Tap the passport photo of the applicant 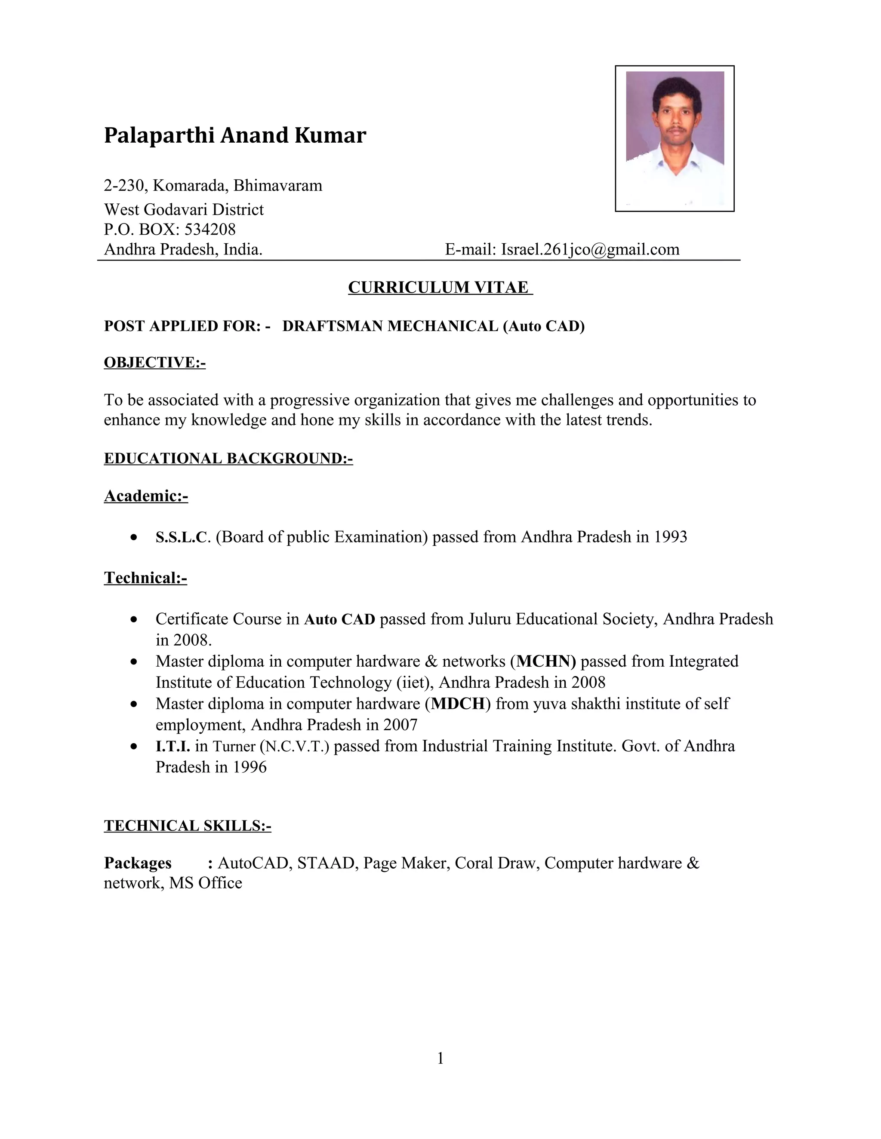tap(675, 139)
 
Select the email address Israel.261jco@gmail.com tap(590, 249)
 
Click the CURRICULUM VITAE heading tap(440, 288)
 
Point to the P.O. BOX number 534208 tap(210, 229)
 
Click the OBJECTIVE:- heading tap(154, 362)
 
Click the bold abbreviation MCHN tap(546, 661)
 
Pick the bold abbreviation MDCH tap(458, 704)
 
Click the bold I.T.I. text tap(173, 746)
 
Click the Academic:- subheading tap(146, 496)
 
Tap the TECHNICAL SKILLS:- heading tap(188, 826)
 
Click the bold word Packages tap(137, 863)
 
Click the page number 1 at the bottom tap(440, 1058)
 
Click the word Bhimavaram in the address tap(277, 186)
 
